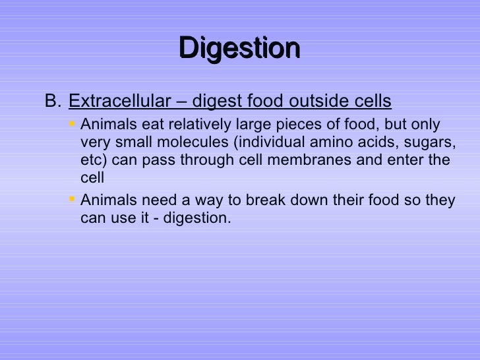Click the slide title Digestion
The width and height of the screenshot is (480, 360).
[239, 47]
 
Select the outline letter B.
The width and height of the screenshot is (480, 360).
[52, 102]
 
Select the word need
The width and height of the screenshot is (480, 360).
[150, 200]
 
